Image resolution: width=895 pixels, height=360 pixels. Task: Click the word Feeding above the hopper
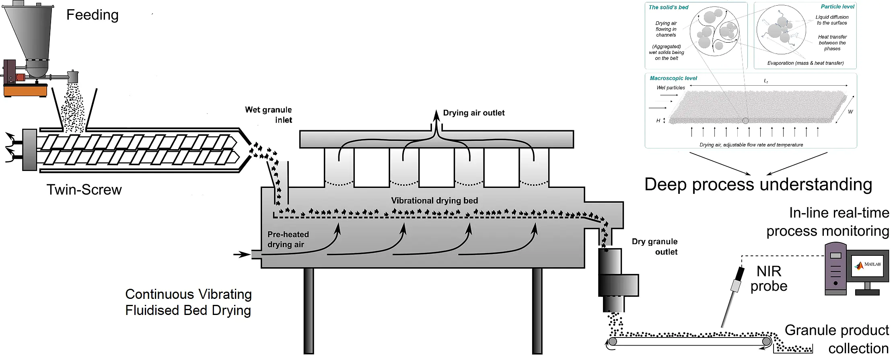[92, 15]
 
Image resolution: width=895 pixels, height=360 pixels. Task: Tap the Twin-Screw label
[84, 190]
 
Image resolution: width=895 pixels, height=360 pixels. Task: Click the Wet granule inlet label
[269, 115]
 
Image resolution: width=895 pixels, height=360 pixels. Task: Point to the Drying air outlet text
[473, 113]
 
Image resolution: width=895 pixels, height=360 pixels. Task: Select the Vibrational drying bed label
[434, 200]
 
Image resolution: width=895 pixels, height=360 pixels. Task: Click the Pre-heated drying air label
[288, 239]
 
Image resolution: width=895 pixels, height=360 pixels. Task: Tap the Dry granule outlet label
[655, 247]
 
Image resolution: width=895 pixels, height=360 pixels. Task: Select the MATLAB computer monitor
[868, 265]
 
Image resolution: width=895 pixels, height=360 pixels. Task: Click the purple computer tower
[835, 268]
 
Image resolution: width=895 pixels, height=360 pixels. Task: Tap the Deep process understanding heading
[758, 185]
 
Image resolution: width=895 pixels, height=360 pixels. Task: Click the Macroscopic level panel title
[673, 78]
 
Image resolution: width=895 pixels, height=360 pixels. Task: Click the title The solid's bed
[669, 7]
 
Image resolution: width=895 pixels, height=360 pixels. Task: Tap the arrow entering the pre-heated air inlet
[242, 254]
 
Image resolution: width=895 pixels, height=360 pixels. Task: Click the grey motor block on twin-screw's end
[30, 150]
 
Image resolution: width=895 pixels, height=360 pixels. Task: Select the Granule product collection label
[837, 339]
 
